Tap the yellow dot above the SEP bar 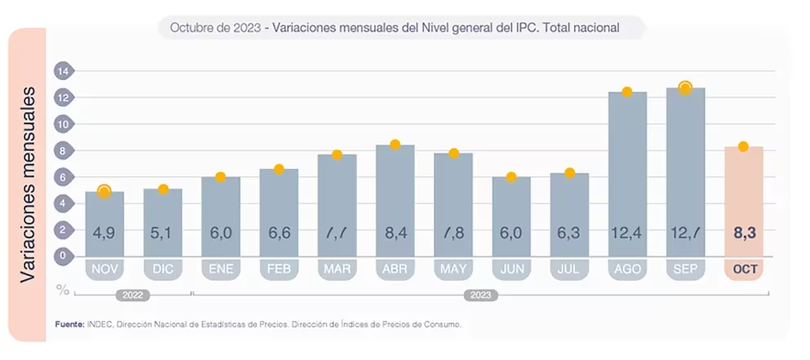click(x=685, y=88)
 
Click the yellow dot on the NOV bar click(x=104, y=192)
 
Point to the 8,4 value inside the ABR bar click(x=395, y=233)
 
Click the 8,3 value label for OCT click(x=744, y=233)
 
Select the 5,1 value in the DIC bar click(x=162, y=233)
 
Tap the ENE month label click(x=220, y=269)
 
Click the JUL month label click(x=570, y=269)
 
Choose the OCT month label click(x=744, y=269)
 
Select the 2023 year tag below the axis click(x=481, y=294)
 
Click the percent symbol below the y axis click(x=62, y=289)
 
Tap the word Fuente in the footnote click(x=69, y=324)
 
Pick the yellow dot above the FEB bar click(x=278, y=169)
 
